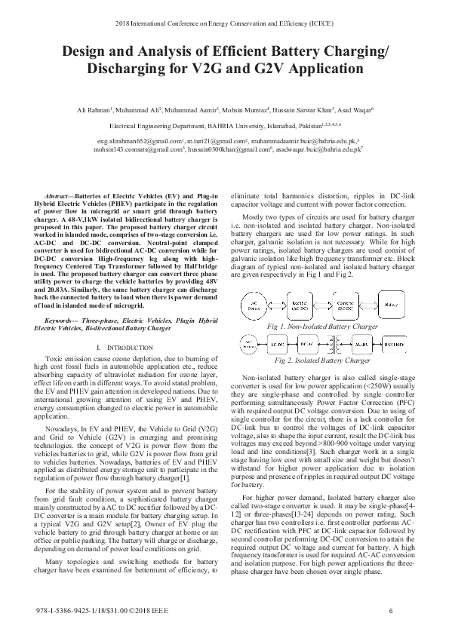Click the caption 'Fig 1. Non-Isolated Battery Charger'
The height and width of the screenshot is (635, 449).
tap(323, 326)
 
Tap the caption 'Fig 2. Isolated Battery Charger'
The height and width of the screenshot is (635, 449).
tap(323, 361)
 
